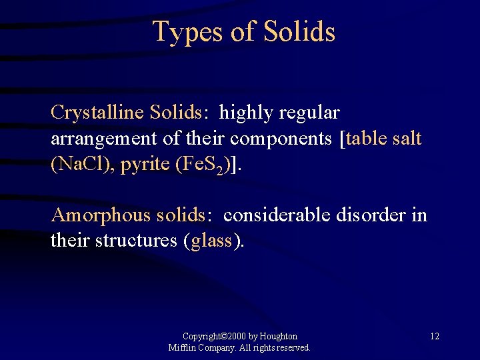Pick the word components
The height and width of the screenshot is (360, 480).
coord(283,139)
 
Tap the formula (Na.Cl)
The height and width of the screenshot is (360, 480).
coord(81,165)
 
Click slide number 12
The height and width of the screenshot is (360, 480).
coord(434,336)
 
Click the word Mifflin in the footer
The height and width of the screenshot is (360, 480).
coord(183,347)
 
